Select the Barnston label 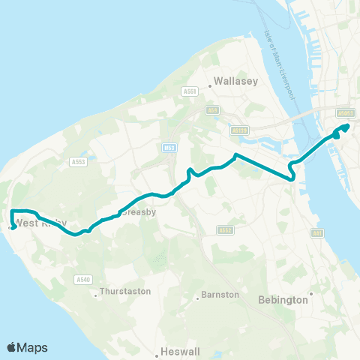(220, 295)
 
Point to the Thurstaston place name (125, 291)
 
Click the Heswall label (179, 351)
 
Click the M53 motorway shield (169, 147)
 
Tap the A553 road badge (76, 161)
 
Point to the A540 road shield (83, 280)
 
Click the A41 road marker (318, 235)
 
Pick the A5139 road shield (239, 130)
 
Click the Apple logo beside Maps (11, 347)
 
